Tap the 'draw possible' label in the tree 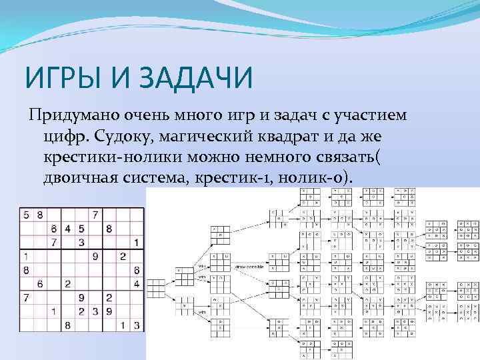pyautogui.click(x=248, y=267)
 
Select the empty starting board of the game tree pyautogui.click(x=156, y=287)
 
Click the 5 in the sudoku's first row pyautogui.click(x=26, y=215)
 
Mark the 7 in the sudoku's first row pyautogui.click(x=95, y=215)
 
